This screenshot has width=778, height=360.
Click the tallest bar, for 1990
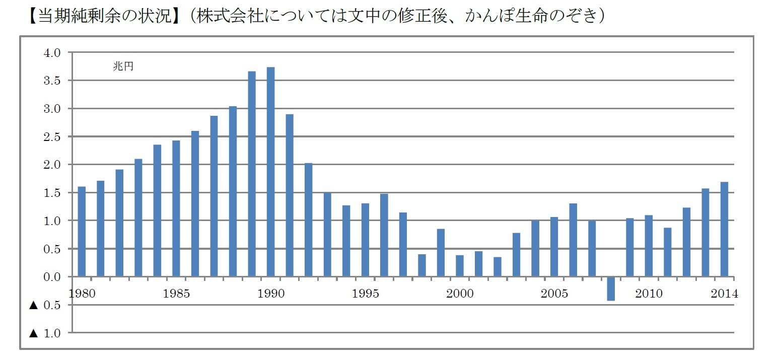pos(271,172)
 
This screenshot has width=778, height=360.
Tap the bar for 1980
pos(82,232)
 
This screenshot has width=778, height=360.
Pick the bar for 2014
pos(724,229)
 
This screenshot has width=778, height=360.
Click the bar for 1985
pos(176,208)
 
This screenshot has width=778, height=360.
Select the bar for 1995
pos(365,240)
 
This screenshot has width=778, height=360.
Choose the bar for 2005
pos(554,247)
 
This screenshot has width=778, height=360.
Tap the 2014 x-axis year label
pos(724,294)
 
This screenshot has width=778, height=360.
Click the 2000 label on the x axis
pos(460,294)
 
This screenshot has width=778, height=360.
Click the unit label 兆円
pos(123,66)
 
